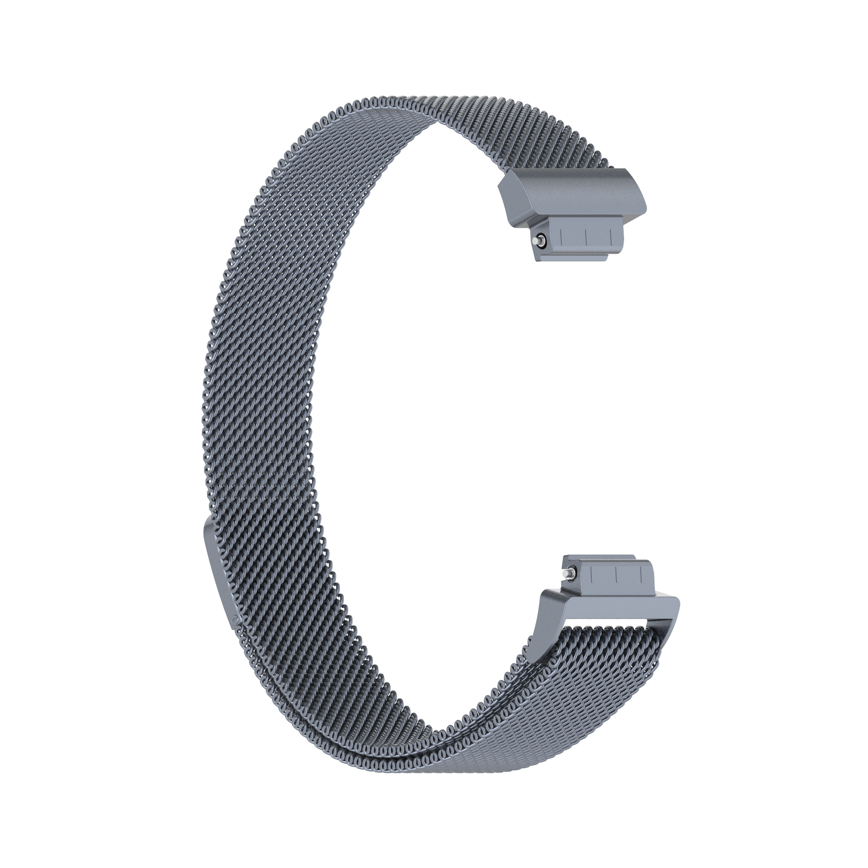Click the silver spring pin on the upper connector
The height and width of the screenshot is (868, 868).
click(537, 241)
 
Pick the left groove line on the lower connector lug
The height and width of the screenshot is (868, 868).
click(591, 575)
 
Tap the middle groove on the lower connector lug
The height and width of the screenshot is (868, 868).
click(616, 575)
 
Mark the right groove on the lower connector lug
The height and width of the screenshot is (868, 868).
click(641, 575)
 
